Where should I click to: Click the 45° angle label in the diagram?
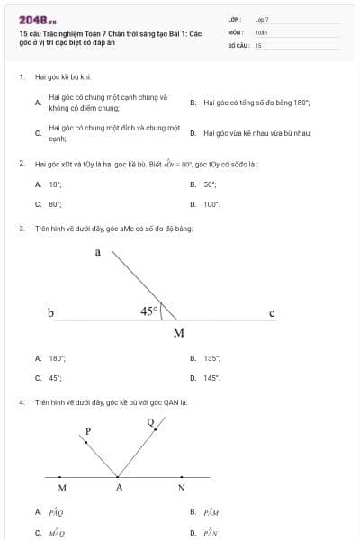[x=149, y=311]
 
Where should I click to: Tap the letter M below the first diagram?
[x=178, y=332]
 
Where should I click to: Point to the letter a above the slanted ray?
[x=98, y=252]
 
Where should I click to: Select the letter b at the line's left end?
[x=50, y=312]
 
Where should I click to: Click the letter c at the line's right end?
[x=272, y=312]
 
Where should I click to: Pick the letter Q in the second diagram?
[x=149, y=421]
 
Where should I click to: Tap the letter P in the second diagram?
[x=87, y=432]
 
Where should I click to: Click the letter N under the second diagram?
[x=181, y=488]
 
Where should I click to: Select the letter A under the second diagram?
[x=118, y=488]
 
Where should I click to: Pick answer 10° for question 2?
[x=55, y=184]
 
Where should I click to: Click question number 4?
[x=22, y=401]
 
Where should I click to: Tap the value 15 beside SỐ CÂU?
[x=258, y=44]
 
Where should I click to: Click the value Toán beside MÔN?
[x=261, y=31]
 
